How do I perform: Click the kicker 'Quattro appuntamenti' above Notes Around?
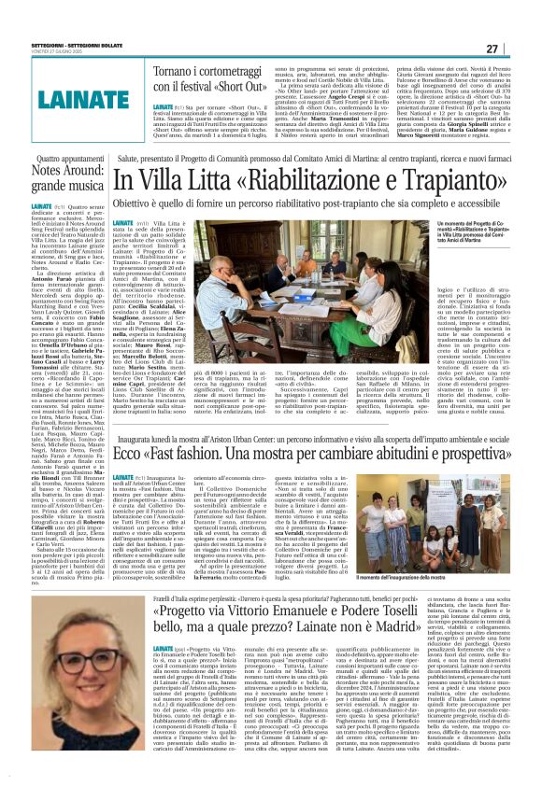click(64, 160)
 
